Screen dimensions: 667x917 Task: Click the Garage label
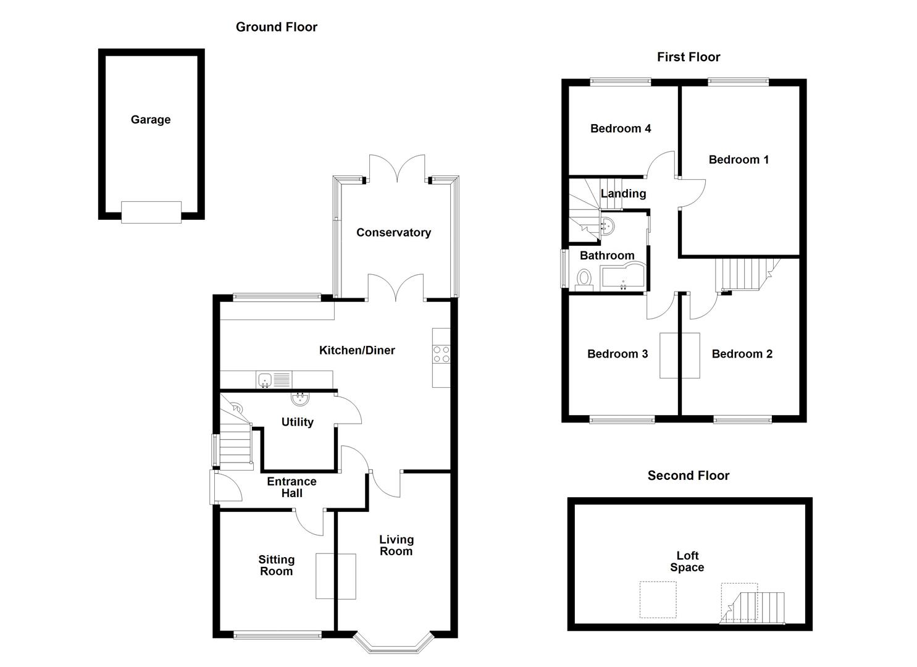click(x=151, y=120)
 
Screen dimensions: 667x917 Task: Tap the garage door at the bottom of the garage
click(x=151, y=212)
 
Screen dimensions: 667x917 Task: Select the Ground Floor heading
click(x=277, y=27)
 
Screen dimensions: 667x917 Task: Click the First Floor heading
click(x=689, y=57)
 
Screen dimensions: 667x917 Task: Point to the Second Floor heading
click(x=689, y=476)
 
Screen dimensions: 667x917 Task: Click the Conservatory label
click(x=393, y=233)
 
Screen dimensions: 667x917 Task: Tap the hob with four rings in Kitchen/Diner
click(x=442, y=354)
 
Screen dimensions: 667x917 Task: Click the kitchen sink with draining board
click(x=274, y=380)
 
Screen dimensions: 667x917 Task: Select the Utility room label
click(x=297, y=422)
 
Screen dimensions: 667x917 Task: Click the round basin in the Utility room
click(x=301, y=400)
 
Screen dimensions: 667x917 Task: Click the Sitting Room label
click(x=276, y=565)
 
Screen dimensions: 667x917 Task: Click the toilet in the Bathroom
click(x=584, y=279)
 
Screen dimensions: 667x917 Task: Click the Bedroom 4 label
click(x=621, y=129)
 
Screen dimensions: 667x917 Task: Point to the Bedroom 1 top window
click(x=738, y=81)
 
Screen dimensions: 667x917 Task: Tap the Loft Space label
click(x=687, y=561)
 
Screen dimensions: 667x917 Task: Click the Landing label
click(x=623, y=194)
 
